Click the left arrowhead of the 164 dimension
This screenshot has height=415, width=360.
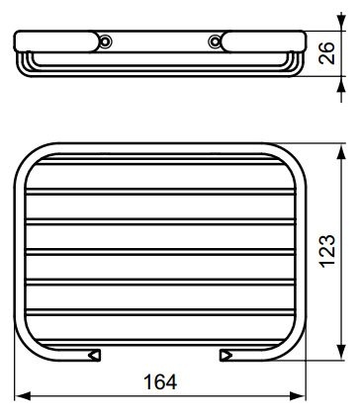point(23,396)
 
